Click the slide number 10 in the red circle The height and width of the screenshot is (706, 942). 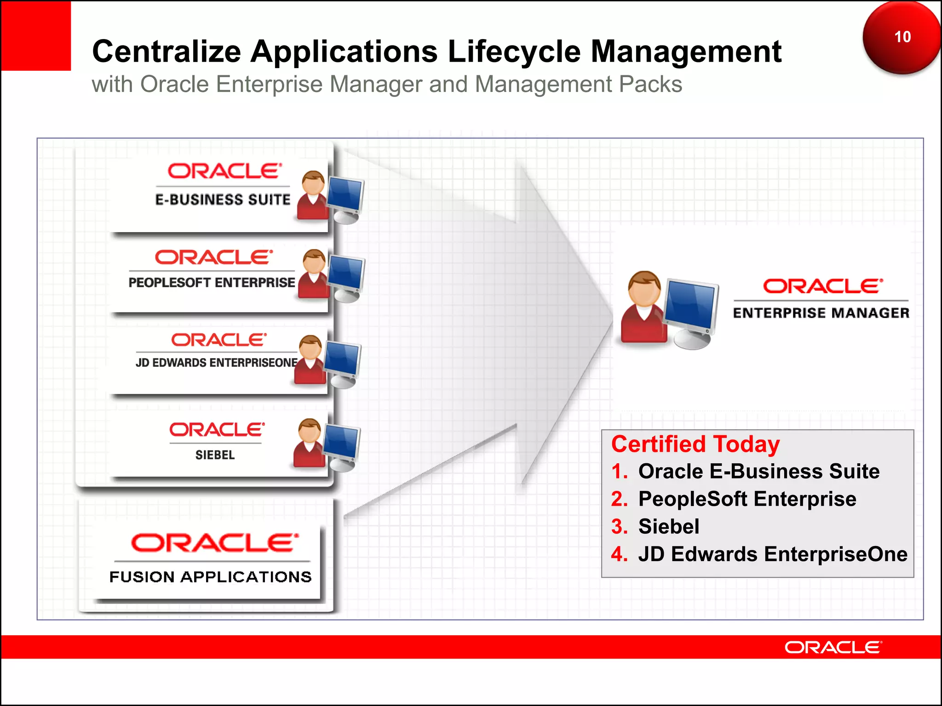(902, 37)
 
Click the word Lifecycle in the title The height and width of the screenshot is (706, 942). (514, 51)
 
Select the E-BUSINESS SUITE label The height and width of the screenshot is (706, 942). (223, 200)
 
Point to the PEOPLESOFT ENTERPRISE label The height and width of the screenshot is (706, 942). (212, 283)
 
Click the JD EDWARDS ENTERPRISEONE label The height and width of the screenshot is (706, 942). (216, 363)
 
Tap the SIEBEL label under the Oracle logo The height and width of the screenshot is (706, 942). (215, 455)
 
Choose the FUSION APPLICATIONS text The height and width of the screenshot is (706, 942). (210, 577)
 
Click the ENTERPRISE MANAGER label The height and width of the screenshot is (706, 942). (821, 313)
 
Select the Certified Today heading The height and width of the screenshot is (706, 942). (695, 444)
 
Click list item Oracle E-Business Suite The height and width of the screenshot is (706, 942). (758, 472)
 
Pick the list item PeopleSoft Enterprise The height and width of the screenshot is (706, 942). (747, 499)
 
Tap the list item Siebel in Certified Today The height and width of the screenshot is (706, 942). (668, 527)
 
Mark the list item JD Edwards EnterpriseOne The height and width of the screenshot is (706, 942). (773, 554)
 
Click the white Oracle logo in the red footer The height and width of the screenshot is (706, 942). (833, 648)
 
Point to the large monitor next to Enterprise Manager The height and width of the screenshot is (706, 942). (691, 306)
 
